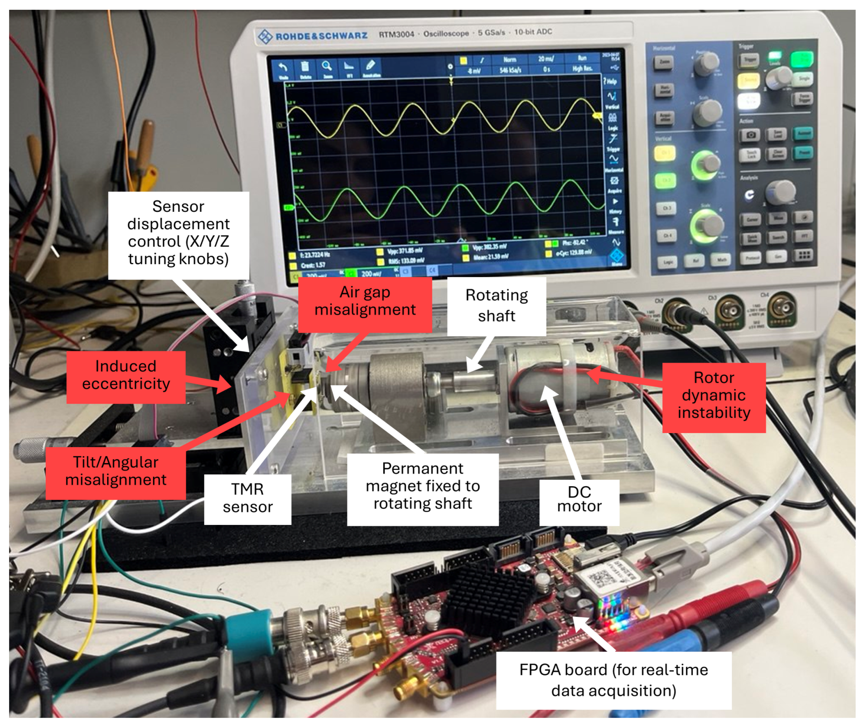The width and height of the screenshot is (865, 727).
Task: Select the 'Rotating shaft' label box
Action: click(496, 306)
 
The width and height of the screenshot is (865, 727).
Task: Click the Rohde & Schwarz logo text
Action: click(321, 36)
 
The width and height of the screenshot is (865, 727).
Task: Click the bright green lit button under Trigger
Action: click(802, 59)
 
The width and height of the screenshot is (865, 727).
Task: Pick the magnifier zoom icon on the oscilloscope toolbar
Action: click(327, 66)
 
